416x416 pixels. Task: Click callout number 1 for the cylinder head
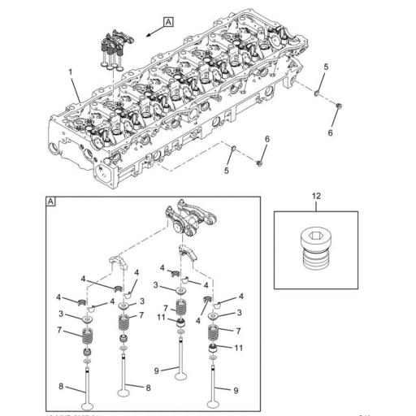(x=71, y=72)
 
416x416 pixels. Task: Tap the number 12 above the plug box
(x=317, y=196)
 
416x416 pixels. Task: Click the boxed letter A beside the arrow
(x=168, y=23)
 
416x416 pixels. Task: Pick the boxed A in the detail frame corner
(x=50, y=201)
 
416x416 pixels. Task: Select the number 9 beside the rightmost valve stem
(x=236, y=391)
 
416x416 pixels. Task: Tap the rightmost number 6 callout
(x=331, y=132)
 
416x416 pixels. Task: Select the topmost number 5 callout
(x=326, y=66)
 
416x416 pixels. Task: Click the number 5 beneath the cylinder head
(x=227, y=171)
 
